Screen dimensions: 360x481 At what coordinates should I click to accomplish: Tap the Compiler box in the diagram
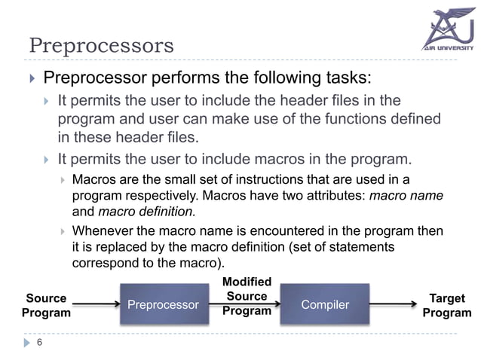click(x=325, y=305)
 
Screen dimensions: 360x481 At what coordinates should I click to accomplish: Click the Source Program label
click(x=46, y=306)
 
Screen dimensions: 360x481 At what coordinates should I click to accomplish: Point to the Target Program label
click(x=446, y=306)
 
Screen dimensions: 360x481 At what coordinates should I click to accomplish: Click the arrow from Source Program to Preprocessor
click(x=97, y=304)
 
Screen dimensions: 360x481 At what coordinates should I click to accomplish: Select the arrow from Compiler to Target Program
click(x=393, y=304)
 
